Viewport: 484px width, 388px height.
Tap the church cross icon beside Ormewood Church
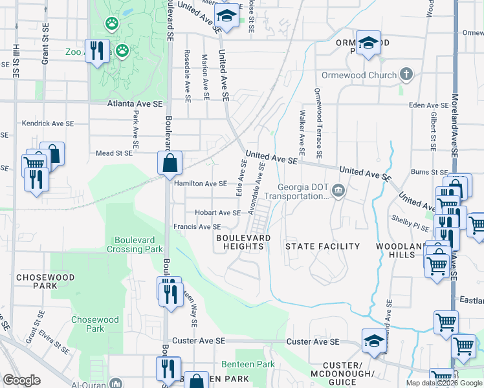coord(406,74)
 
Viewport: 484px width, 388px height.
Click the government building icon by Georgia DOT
coord(339,191)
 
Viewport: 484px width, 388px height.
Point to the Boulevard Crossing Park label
coord(135,244)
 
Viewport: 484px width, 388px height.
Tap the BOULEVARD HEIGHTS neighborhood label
coord(243,242)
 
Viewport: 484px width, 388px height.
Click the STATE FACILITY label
coord(322,246)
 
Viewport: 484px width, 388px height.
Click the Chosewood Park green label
coord(95,324)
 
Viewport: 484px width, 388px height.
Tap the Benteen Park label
coord(248,365)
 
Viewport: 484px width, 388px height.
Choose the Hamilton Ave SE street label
coord(201,184)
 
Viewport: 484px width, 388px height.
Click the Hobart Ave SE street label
coord(217,213)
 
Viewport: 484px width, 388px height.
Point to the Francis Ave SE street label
coord(197,227)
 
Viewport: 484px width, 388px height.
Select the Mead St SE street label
coord(114,153)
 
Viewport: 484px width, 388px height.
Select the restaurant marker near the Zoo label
coord(98,50)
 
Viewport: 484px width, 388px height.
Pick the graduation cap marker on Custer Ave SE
coord(374,341)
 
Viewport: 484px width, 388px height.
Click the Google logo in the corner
coord(22,380)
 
